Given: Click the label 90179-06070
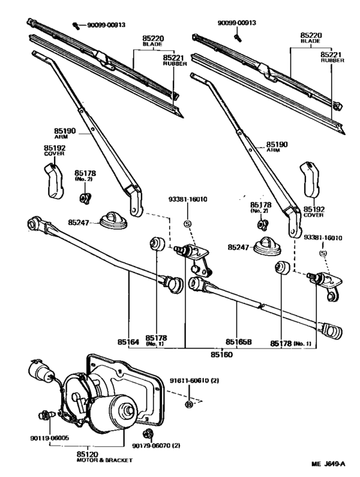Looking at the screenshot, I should pos(154,444).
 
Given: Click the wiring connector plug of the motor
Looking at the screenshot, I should pos(37,373).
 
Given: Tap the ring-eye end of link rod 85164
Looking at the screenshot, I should pos(33,225).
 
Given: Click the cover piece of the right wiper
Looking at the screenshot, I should pos(311,183).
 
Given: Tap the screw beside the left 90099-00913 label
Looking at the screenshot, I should pos(76,25).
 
